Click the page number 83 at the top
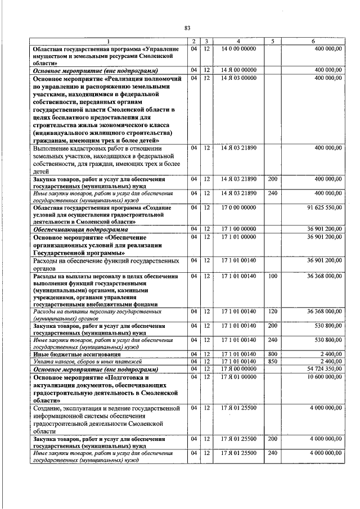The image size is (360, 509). (187, 28)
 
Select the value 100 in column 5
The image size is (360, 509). (273, 276)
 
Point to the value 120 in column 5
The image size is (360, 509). (273, 311)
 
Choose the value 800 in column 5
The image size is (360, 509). (273, 354)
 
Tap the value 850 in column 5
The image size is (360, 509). (273, 361)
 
